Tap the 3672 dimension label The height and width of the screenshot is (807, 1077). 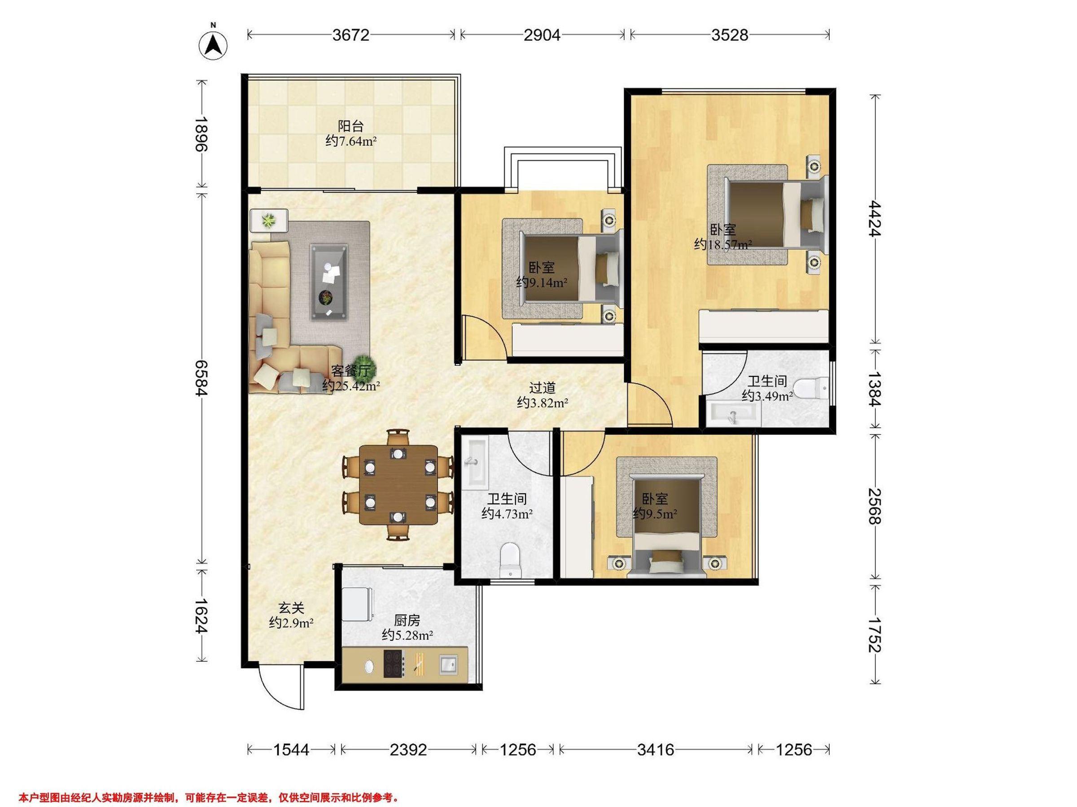pyautogui.click(x=351, y=35)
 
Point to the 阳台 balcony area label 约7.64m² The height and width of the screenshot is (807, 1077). pyautogui.click(x=351, y=142)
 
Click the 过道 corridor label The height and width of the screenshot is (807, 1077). pyautogui.click(x=543, y=388)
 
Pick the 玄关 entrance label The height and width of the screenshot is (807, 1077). pyautogui.click(x=291, y=607)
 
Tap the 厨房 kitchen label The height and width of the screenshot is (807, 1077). pyautogui.click(x=407, y=620)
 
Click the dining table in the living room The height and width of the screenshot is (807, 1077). pyautogui.click(x=398, y=485)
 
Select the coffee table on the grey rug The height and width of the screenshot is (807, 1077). pyautogui.click(x=330, y=282)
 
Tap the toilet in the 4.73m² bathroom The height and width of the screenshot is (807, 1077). pyautogui.click(x=510, y=560)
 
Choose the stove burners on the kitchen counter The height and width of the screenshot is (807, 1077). pyautogui.click(x=394, y=664)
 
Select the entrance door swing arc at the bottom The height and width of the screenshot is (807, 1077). pyautogui.click(x=276, y=691)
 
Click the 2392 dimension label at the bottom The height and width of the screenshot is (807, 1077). pyautogui.click(x=408, y=750)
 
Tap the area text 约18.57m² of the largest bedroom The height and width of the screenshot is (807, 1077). pyautogui.click(x=722, y=245)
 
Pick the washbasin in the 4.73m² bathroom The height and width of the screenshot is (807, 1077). pyautogui.click(x=475, y=463)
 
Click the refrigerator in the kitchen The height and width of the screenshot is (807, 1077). pyautogui.click(x=358, y=604)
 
